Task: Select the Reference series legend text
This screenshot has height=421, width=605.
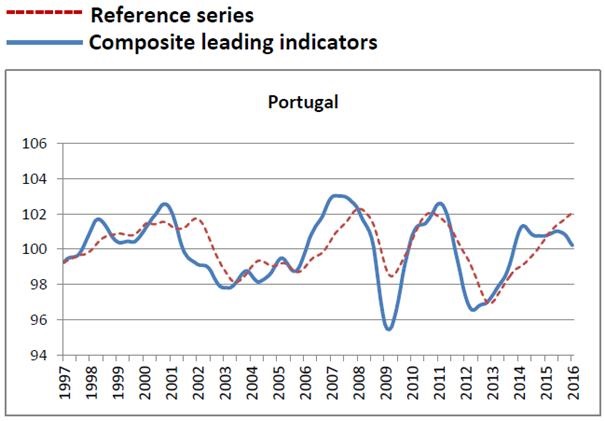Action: click(x=171, y=16)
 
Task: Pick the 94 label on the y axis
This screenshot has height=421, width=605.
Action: click(x=39, y=355)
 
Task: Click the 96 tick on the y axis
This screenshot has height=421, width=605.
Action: click(x=39, y=320)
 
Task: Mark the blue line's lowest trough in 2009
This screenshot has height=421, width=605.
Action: click(x=389, y=328)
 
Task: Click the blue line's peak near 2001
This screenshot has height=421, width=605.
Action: click(x=166, y=204)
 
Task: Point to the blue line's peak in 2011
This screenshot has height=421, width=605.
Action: click(x=439, y=204)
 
